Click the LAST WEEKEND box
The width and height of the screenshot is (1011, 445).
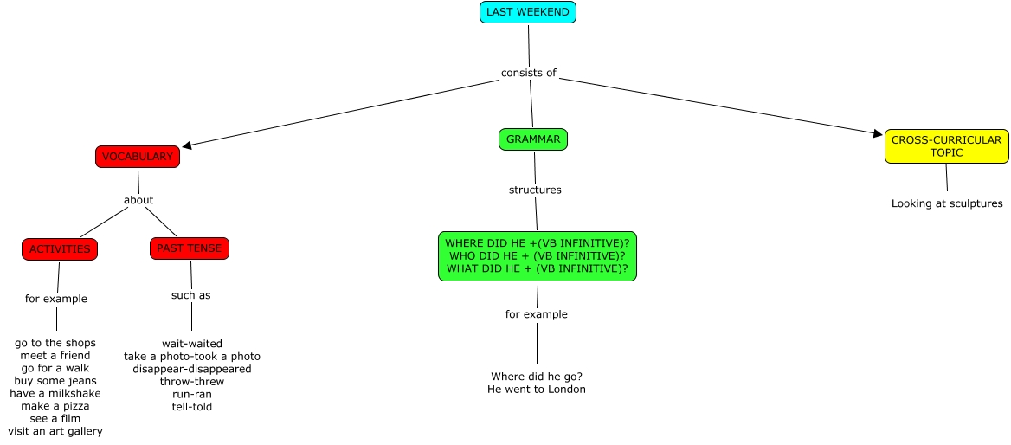[x=528, y=12]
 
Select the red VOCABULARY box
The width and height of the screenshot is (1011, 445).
[x=138, y=157]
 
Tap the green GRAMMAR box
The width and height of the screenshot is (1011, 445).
[x=533, y=139]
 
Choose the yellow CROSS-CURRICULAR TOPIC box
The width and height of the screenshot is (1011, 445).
[x=946, y=146]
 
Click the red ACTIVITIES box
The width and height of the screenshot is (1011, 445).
[x=60, y=249]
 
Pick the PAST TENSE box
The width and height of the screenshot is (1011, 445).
[x=190, y=248]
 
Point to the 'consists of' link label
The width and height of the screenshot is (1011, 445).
[x=528, y=73]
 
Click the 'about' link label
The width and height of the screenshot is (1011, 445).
[x=138, y=200]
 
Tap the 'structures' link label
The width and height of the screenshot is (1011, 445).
[x=535, y=190]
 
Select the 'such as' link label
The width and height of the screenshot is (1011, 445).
[x=190, y=295]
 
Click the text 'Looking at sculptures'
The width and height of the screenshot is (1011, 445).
[x=947, y=203]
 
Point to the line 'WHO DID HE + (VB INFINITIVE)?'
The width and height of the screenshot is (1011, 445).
[x=538, y=255]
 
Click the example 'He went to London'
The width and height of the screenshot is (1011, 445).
[x=537, y=390]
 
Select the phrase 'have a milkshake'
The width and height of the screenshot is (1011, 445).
[x=55, y=393]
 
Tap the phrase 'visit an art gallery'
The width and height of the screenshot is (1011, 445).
[x=55, y=431]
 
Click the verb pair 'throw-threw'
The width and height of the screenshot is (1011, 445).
[x=192, y=381]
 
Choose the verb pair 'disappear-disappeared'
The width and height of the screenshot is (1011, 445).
[x=192, y=369]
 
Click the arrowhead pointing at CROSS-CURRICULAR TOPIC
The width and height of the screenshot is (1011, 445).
[x=878, y=132]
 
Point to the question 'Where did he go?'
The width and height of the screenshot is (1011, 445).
[x=537, y=377]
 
